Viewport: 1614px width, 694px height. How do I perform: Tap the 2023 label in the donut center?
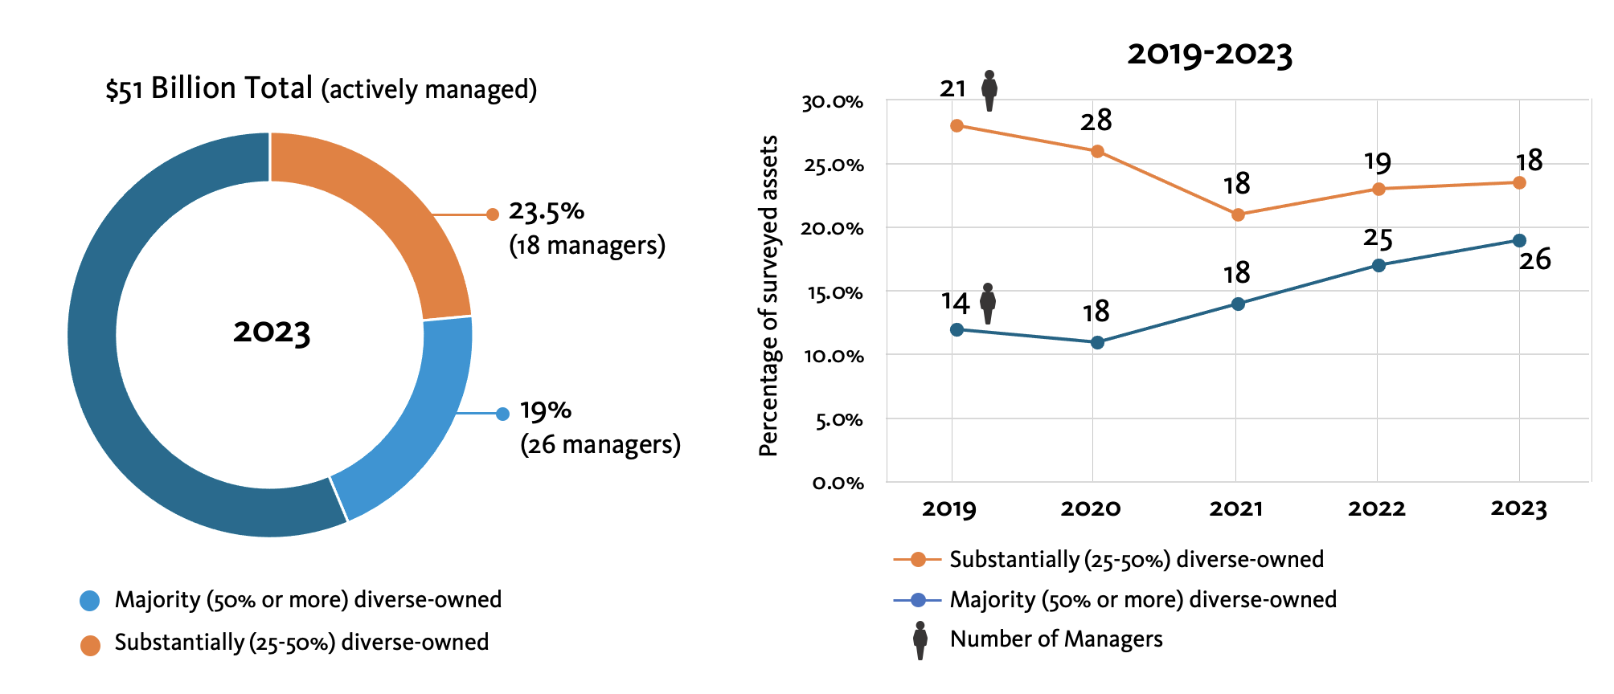point(272,332)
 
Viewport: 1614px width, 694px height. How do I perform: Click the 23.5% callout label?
point(547,212)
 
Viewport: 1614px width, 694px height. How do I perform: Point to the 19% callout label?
point(546,410)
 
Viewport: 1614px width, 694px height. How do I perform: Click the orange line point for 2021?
point(1238,214)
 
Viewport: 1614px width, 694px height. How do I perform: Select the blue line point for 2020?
point(1097,342)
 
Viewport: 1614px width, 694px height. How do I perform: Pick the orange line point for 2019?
point(957,125)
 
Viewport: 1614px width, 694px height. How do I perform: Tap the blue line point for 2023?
point(1519,240)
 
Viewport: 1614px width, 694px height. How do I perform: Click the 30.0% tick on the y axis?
point(832,102)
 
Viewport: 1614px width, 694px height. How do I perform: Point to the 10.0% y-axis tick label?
point(834,356)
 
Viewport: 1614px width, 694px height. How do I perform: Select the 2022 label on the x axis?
point(1377,508)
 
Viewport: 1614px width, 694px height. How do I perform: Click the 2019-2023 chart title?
point(1210,54)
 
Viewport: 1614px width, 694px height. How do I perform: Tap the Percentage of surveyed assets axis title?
point(769,296)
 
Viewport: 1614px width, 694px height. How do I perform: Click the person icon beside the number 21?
point(989,91)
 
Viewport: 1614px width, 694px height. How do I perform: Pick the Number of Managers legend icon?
point(920,640)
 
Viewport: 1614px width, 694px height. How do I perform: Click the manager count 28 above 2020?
point(1096,120)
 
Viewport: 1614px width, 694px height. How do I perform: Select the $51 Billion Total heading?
point(209,88)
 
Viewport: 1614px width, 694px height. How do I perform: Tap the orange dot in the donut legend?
point(90,645)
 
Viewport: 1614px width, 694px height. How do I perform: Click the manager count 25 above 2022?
point(1378,239)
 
